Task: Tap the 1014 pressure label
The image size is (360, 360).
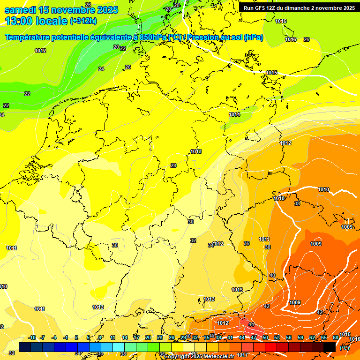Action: pyautogui.click(x=234, y=114)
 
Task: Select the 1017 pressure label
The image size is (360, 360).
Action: pyautogui.click(x=242, y=355)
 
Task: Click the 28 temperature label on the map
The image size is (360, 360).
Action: pyautogui.click(x=173, y=165)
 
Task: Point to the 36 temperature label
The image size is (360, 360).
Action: pyautogui.click(x=247, y=243)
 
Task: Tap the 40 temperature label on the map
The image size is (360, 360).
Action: pyautogui.click(x=272, y=275)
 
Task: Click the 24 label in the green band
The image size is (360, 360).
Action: pyautogui.click(x=101, y=69)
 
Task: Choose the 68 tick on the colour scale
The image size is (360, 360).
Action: pyautogui.click(x=336, y=337)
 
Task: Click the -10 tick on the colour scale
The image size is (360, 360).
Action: pyautogui.click(x=32, y=337)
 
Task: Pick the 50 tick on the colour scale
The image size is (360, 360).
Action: pyautogui.click(x=265, y=337)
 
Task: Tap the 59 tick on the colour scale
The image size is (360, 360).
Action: pyautogui.click(x=300, y=337)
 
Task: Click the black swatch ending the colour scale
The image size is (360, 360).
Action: pyautogui.click(x=330, y=346)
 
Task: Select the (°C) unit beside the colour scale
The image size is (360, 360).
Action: pyautogui.click(x=345, y=347)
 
